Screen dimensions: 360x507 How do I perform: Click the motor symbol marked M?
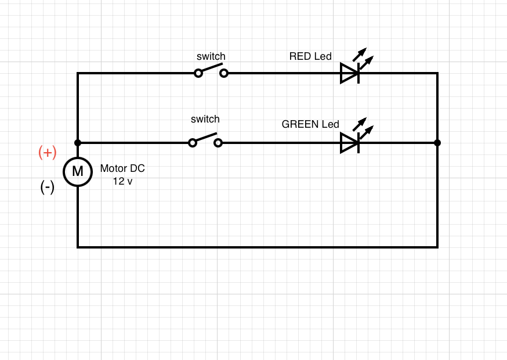[78, 171]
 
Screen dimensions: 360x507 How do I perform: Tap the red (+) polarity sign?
[47, 153]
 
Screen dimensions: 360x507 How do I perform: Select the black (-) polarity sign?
[48, 187]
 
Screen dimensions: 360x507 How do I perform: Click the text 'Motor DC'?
[122, 168]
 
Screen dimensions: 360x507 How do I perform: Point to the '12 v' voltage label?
[122, 181]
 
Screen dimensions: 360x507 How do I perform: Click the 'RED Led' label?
[310, 56]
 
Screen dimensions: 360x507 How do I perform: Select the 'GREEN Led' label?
[310, 124]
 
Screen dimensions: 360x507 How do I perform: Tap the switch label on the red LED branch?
[211, 56]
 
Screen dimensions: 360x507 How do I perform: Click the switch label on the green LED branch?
[205, 119]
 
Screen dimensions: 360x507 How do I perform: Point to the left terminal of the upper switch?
[198, 73]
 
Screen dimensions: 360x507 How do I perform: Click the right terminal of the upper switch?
[224, 73]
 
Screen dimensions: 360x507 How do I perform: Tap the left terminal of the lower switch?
[193, 143]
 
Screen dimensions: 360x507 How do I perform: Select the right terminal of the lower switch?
[218, 143]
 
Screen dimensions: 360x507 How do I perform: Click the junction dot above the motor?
[78, 143]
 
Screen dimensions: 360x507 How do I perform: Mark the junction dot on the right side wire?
[437, 143]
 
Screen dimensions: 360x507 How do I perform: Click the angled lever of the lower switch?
[205, 138]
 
